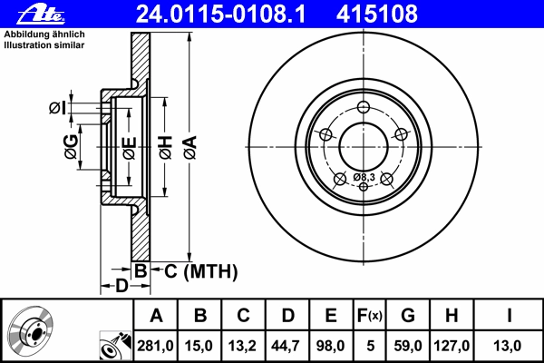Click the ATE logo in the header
(x=41, y=15)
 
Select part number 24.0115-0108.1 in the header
(x=220, y=14)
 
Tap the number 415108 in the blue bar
(x=377, y=14)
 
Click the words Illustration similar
(x=44, y=45)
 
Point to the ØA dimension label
(x=190, y=148)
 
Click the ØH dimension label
(x=166, y=148)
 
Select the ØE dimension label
(x=130, y=148)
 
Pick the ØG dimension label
(x=71, y=146)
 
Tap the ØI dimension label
(x=57, y=108)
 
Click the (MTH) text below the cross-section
(x=210, y=271)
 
